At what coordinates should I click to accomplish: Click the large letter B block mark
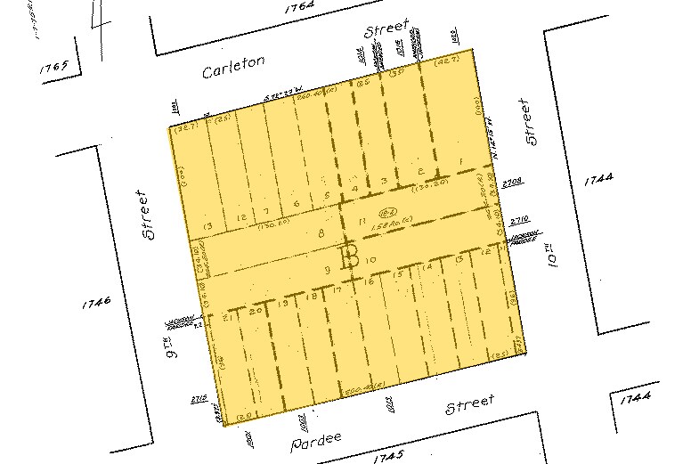pos(349,256)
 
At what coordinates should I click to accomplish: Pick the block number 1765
pos(55,69)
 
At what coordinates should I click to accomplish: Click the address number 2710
pos(519,219)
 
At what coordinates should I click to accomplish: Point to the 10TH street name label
pos(553,253)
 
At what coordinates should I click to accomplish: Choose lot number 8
pos(320,234)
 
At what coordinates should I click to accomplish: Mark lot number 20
pos(257,311)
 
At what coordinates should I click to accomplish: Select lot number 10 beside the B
pos(371,259)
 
